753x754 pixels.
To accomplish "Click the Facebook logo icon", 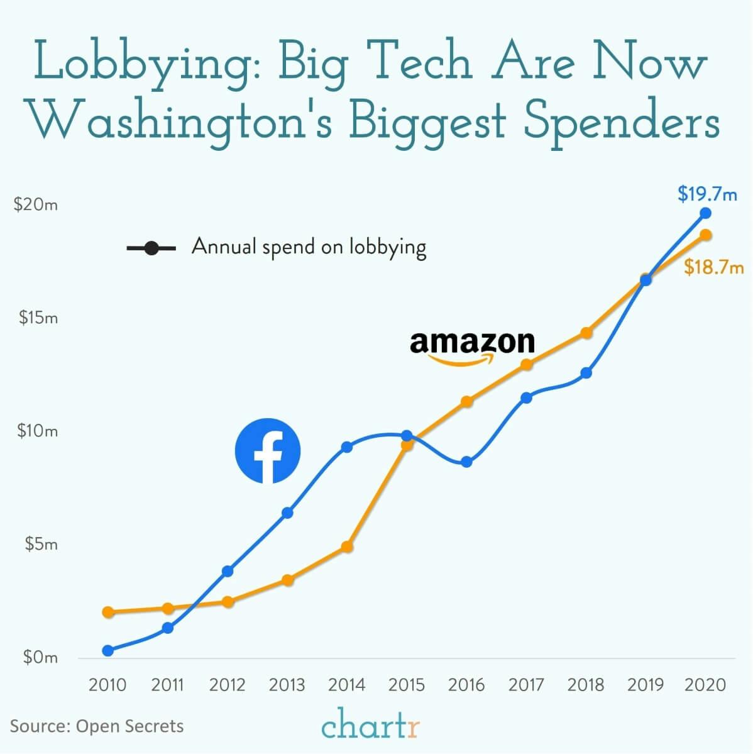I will [x=268, y=451].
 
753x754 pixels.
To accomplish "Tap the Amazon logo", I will [x=472, y=347].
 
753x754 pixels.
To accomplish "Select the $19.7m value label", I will [x=707, y=194].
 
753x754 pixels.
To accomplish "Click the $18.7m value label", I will [x=713, y=268].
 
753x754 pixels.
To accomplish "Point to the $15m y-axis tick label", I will [x=38, y=318].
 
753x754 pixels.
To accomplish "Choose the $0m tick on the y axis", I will [x=40, y=658].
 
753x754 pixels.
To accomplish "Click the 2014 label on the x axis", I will [x=346, y=685].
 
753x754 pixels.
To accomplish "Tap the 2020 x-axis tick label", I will [x=705, y=685].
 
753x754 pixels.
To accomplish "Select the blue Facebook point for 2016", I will [x=466, y=462].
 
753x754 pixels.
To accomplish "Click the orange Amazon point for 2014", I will [x=347, y=547].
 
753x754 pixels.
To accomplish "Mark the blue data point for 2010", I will [x=108, y=650].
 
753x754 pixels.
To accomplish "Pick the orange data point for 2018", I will [x=586, y=333].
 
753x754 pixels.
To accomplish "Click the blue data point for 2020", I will [x=705, y=213].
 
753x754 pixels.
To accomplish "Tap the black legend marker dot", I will [x=151, y=248].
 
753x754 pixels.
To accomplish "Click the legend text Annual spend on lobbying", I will [x=309, y=247].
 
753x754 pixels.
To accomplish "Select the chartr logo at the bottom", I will [x=370, y=725].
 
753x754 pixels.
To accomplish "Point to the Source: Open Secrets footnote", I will [x=97, y=726].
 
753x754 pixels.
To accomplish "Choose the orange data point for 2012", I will [x=228, y=602].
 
